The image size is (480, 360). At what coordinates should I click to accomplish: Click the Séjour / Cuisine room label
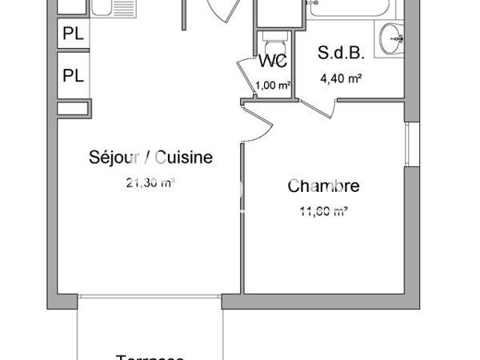[x=150, y=158]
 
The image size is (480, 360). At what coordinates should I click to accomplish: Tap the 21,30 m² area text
[x=150, y=182]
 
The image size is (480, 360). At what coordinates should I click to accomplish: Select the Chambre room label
[x=323, y=187]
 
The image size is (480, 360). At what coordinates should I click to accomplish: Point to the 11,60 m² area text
[x=322, y=212]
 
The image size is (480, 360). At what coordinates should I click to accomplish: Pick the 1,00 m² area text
[x=272, y=84]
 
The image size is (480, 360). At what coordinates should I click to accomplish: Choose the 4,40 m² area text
[x=342, y=78]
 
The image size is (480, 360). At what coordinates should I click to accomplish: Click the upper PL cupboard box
[x=74, y=35]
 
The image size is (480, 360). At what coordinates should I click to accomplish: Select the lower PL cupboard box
[x=74, y=76]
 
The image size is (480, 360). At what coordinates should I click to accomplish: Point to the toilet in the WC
[x=272, y=42]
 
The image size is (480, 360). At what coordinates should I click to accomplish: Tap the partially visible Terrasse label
[x=150, y=357]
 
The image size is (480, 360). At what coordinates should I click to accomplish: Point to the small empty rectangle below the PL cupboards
[x=72, y=108]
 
